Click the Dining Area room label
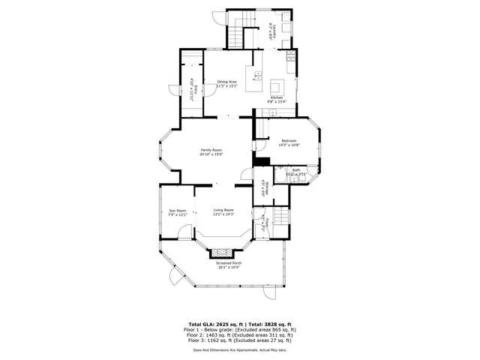click(227, 82)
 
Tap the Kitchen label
click(277, 97)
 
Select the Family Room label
click(211, 151)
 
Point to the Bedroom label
click(289, 141)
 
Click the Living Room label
click(223, 210)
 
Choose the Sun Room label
click(177, 210)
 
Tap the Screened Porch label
click(229, 263)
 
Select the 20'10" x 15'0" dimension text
click(211, 155)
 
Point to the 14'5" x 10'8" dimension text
click(289, 145)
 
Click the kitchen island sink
click(257, 74)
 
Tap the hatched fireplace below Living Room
click(223, 253)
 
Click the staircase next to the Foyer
click(280, 217)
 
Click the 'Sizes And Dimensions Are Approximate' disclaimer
click(240, 349)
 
